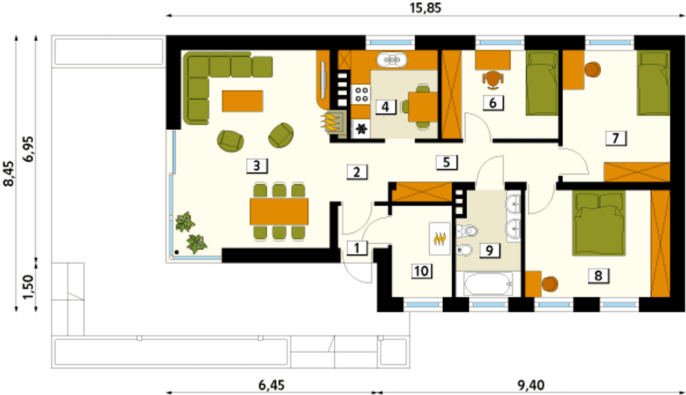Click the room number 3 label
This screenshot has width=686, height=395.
tap(257, 166)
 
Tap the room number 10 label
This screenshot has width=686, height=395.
tap(422, 271)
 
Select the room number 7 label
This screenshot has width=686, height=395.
tap(616, 138)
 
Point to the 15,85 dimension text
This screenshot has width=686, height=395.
tap(426, 8)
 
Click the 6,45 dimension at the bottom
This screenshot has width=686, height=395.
tap(272, 385)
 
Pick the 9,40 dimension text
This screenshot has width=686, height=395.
tap(531, 385)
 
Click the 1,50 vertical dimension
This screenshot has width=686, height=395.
tap(28, 287)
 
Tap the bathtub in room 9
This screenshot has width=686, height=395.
tap(488, 285)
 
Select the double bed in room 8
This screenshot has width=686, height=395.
tap(599, 223)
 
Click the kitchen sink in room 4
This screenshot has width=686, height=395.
tap(392, 60)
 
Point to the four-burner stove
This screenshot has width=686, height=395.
tap(361, 94)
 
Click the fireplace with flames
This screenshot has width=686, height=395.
tap(333, 122)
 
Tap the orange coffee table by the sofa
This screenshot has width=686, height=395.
tap(243, 101)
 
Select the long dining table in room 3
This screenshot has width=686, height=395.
tap(279, 212)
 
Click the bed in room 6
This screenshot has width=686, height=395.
tap(542, 83)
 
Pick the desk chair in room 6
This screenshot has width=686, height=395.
tap(493, 80)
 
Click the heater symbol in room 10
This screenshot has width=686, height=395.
tap(439, 239)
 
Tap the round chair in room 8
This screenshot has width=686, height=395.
tap(550, 284)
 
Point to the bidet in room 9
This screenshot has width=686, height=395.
tap(464, 251)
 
